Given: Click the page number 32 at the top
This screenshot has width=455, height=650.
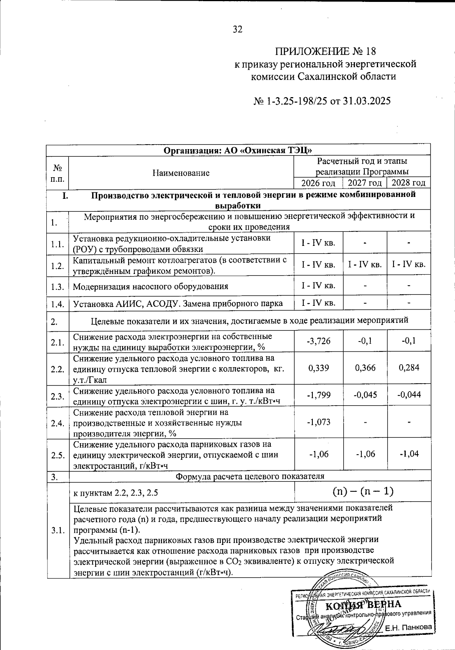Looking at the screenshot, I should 238,30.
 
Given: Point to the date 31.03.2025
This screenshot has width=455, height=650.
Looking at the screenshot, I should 366,101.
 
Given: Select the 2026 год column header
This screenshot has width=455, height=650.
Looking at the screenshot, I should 318,183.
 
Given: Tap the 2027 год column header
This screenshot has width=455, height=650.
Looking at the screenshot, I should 364,183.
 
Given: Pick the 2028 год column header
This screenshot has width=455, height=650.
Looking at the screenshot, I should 408,183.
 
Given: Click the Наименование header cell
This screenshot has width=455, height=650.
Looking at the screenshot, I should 181,173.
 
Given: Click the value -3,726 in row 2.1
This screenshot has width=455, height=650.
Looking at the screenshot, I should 318,341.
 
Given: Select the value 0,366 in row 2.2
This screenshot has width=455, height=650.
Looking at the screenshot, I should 365,368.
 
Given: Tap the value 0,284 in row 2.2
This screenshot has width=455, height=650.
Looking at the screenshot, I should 409,368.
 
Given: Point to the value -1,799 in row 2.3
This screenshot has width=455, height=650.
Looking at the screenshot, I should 318,395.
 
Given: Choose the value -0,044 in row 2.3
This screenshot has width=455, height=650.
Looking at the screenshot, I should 409,395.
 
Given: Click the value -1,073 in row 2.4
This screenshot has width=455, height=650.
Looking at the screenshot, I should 318,422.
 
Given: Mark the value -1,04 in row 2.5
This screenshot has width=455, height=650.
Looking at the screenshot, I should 409,454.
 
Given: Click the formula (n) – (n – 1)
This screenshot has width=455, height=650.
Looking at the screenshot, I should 363,492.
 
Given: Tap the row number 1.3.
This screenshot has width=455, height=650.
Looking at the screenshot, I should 57,286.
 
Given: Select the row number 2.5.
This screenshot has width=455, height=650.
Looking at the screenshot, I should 57,455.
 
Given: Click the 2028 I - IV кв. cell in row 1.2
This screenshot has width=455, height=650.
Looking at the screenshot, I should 409,264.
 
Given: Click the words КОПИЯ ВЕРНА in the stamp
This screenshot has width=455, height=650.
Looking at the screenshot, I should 363,604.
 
